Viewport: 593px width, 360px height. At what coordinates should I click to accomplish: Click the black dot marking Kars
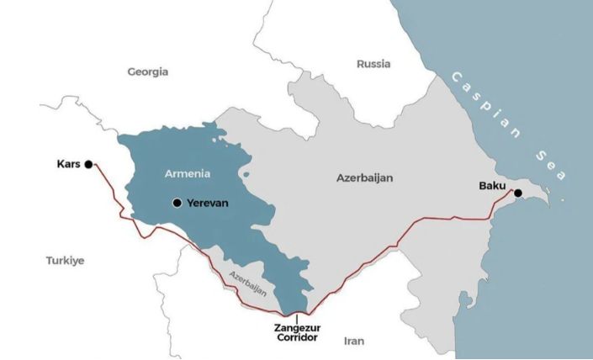click(88, 165)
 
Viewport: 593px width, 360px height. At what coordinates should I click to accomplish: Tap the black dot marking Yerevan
click(177, 203)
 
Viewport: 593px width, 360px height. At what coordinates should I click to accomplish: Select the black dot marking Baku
click(518, 193)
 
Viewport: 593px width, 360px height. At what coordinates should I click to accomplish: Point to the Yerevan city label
click(209, 203)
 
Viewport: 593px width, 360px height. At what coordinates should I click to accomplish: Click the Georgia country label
click(148, 72)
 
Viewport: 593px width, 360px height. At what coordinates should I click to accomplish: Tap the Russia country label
click(373, 64)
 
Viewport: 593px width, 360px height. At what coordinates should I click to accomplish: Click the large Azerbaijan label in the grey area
click(364, 178)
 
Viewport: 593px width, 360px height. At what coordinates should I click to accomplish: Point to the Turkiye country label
click(66, 261)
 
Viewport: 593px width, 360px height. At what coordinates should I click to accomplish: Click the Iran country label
click(354, 341)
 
